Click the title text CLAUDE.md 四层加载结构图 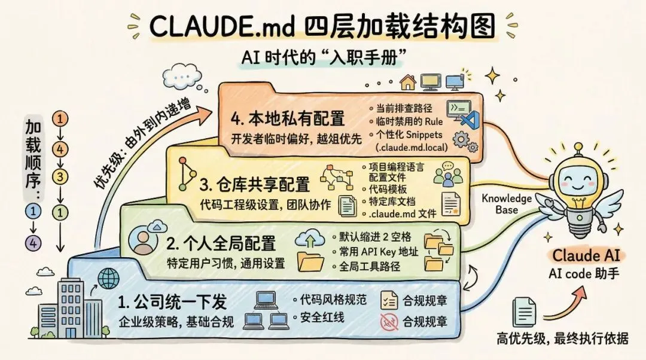coord(322,27)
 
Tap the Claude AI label coord(584,256)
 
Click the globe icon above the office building coord(108,278)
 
